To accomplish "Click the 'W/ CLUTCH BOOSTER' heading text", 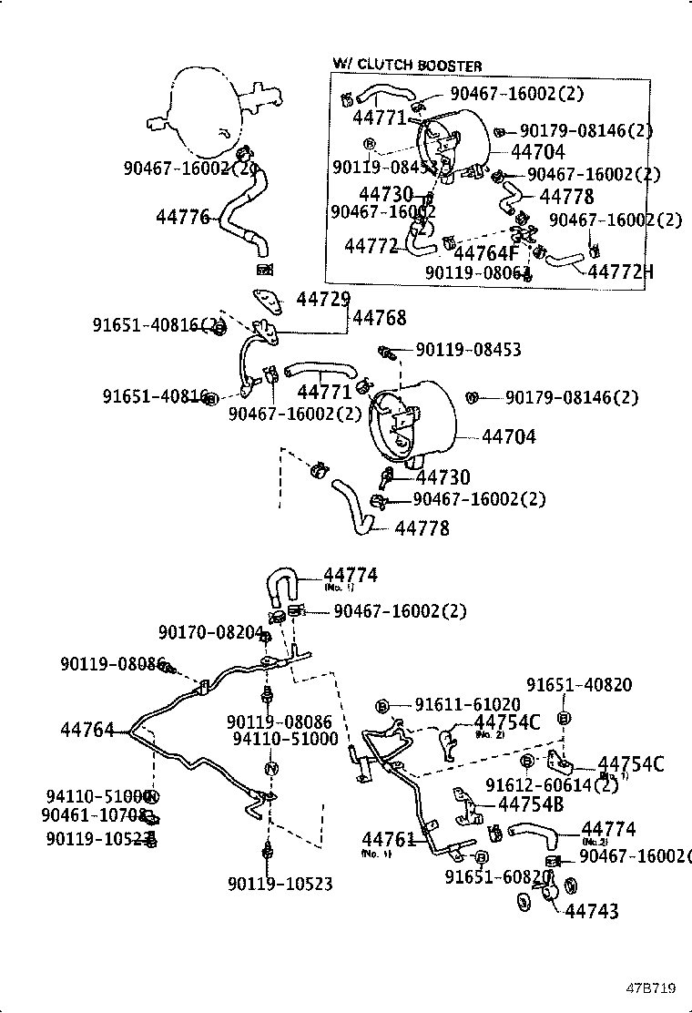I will click(x=406, y=66).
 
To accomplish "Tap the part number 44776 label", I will click(x=182, y=217).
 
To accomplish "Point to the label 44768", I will click(x=379, y=318).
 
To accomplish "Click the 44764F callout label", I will click(x=485, y=253).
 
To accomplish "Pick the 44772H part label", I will click(x=621, y=271).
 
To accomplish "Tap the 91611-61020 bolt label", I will click(x=467, y=704).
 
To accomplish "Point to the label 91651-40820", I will click(x=579, y=685).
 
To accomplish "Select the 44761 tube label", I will click(x=388, y=839).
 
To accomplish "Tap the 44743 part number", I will click(x=592, y=911).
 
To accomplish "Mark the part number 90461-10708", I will click(x=95, y=814).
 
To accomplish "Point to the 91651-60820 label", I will click(x=499, y=876).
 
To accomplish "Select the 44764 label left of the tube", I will click(x=87, y=730).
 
